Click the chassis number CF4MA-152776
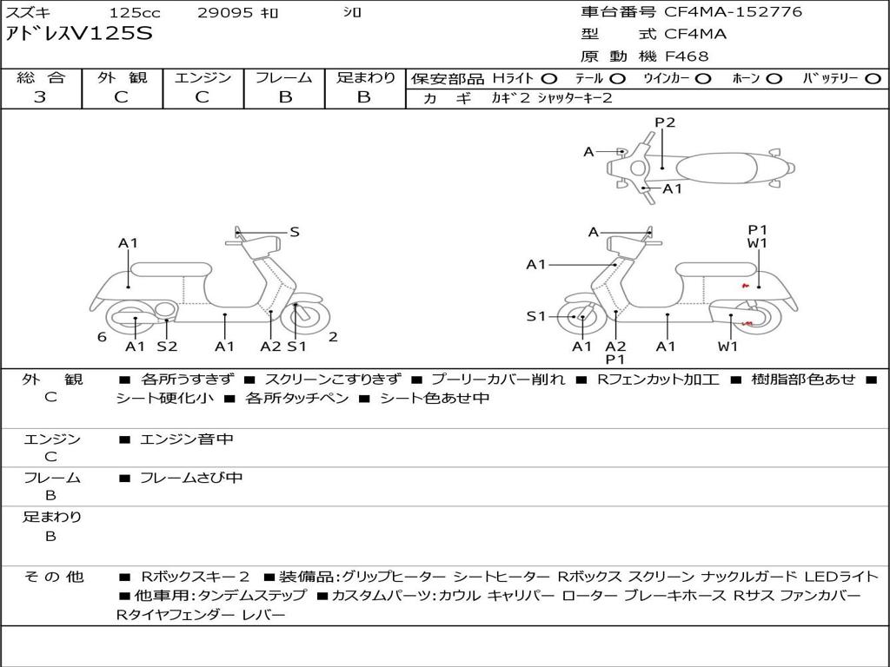(x=733, y=12)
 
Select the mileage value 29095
(x=225, y=13)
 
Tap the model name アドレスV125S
(x=79, y=34)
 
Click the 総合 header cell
(x=41, y=77)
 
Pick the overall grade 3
(x=40, y=97)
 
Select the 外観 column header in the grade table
(x=122, y=77)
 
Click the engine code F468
(x=687, y=56)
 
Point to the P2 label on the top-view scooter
(x=665, y=122)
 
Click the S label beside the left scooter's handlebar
(x=295, y=232)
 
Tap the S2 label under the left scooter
(x=167, y=347)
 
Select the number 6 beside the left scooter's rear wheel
(x=102, y=337)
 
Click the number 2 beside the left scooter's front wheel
(x=333, y=337)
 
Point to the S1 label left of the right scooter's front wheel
(x=537, y=316)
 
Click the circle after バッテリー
(x=873, y=78)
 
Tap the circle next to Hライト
(x=549, y=78)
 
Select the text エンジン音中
(x=186, y=439)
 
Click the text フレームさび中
(x=191, y=478)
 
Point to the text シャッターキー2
(x=575, y=98)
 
